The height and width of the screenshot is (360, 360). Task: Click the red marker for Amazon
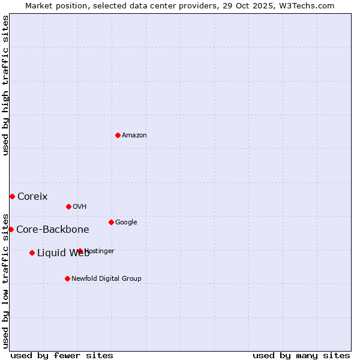(118, 135)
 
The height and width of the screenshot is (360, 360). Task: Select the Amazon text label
(134, 136)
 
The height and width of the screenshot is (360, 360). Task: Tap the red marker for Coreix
(12, 196)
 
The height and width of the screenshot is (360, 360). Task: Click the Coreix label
(32, 197)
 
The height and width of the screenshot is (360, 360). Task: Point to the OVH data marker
(68, 206)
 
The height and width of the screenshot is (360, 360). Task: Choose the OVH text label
(80, 207)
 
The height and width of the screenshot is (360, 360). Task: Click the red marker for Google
(111, 222)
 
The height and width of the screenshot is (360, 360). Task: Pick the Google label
(126, 223)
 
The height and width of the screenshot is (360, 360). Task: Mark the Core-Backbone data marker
(11, 229)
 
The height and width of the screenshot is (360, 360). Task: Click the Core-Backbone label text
(53, 230)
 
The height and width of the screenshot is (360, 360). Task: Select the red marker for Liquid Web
(32, 253)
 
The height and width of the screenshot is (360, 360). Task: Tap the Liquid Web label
(63, 253)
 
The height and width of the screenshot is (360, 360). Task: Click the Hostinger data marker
(80, 251)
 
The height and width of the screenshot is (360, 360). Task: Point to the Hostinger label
(100, 251)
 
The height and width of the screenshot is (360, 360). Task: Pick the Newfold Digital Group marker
(67, 278)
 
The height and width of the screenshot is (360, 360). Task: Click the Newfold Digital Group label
(107, 279)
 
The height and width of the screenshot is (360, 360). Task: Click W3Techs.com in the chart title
(310, 6)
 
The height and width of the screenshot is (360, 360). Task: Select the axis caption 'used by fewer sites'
(62, 355)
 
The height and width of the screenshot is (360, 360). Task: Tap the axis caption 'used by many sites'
(301, 355)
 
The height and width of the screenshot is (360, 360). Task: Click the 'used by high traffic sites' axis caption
(5, 85)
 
